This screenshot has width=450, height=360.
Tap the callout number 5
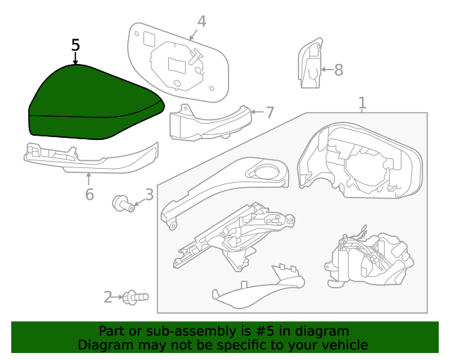point(76,46)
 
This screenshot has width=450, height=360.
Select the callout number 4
point(202,22)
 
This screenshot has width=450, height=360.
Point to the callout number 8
point(338,70)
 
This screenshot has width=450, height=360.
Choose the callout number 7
point(269,112)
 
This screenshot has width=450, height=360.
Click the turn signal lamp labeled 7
point(210,122)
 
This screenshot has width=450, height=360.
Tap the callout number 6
point(89,194)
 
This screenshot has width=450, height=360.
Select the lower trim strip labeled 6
point(91,157)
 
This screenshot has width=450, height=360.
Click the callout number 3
point(149,195)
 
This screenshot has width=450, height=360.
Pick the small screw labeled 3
point(122,205)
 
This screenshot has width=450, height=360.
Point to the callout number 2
point(108,297)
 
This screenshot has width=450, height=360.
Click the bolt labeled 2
point(134,298)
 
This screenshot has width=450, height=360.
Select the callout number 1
point(362,103)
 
